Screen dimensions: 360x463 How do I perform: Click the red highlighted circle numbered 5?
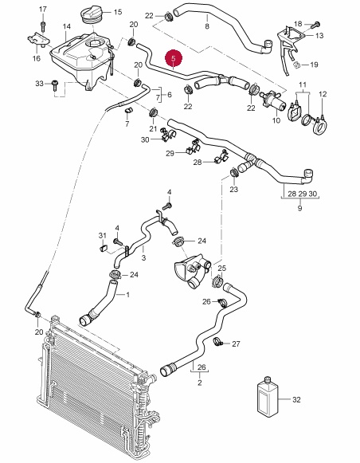tap(173, 58)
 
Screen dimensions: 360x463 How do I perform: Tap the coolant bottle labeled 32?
tap(268, 397)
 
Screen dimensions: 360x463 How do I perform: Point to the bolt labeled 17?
tap(43, 26)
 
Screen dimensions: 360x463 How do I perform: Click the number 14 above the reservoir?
tap(67, 26)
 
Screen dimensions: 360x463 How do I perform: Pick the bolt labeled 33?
tap(55, 85)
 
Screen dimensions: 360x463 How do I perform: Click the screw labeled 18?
tap(315, 24)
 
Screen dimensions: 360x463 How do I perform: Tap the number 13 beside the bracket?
tap(319, 36)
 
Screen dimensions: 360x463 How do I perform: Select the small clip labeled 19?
tap(297, 65)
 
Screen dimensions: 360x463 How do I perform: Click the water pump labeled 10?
tap(273, 101)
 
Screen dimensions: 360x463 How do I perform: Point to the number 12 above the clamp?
tap(323, 94)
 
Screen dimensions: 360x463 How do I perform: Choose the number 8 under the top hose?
tap(207, 26)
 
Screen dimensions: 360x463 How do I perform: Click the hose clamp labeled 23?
tap(234, 172)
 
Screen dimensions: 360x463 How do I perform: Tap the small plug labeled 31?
tap(104, 248)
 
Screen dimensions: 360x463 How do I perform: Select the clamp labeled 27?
tap(217, 342)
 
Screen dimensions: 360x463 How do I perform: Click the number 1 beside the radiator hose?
tap(127, 294)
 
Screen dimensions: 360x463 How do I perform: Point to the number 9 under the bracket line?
tap(299, 208)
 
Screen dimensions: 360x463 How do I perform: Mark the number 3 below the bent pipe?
tap(143, 257)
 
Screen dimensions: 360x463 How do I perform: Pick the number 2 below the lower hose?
tap(200, 383)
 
